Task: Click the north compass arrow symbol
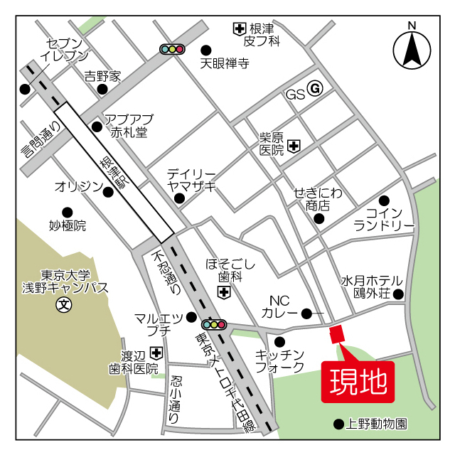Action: tap(412, 50)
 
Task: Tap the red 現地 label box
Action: tap(357, 382)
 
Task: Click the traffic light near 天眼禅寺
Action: tap(172, 49)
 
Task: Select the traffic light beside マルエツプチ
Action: tap(214, 324)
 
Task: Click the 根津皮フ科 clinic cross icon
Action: tap(240, 29)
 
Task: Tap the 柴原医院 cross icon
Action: tap(294, 146)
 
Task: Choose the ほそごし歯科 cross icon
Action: tap(225, 292)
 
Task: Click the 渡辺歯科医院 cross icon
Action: tap(156, 353)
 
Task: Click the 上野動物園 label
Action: tap(376, 424)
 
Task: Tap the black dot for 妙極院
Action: tap(68, 212)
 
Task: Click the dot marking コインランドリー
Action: tap(385, 200)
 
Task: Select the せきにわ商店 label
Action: tap(318, 199)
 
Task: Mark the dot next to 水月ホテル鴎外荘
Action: tap(399, 294)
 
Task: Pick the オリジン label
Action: tap(78, 187)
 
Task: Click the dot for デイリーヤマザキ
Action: tap(180, 198)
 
